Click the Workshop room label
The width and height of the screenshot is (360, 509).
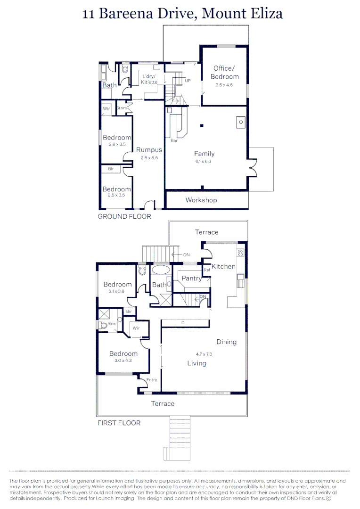point(201,200)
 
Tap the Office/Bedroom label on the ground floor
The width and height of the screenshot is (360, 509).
point(224,73)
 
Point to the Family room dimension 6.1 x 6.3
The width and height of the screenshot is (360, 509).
point(204,161)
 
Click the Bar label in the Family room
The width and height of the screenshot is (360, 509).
point(174,140)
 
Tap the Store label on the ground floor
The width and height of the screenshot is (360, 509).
point(122,108)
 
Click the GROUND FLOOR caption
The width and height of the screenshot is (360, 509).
point(124,217)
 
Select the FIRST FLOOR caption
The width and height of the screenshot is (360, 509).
point(119,423)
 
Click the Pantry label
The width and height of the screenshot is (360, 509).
point(191,279)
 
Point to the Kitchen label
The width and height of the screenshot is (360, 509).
point(223,267)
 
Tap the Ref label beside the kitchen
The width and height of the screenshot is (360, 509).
point(206,270)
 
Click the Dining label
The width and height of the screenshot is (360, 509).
point(226,342)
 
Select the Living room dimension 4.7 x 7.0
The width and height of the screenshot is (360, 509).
point(204,354)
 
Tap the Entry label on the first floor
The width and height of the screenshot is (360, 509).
point(152,380)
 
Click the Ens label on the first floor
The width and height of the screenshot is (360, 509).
point(112,324)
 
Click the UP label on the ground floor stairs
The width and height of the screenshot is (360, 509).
point(188,81)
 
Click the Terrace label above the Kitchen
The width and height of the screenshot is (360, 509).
point(207,232)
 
